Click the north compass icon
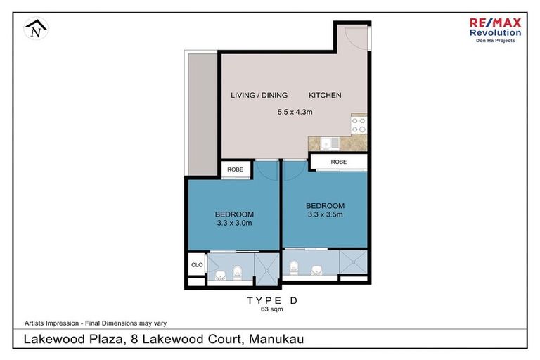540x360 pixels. (34, 29)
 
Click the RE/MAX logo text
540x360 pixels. (496, 22)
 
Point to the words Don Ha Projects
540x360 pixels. (496, 41)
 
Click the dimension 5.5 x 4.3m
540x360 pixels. (294, 111)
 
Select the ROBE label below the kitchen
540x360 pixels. (339, 162)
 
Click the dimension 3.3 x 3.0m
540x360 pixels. (233, 223)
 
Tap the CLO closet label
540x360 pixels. (197, 265)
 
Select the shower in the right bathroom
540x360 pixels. (353, 262)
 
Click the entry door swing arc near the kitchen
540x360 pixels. (355, 39)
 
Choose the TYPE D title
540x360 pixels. (271, 300)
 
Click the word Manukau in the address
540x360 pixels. (274, 340)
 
